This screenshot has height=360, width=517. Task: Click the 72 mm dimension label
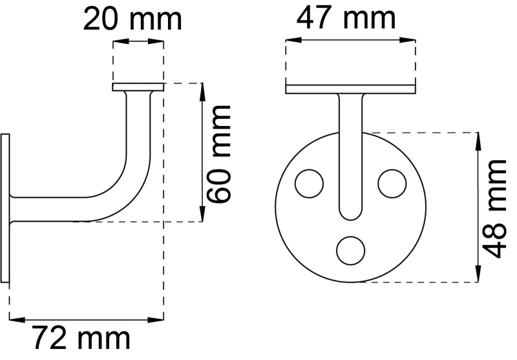[x=82, y=337]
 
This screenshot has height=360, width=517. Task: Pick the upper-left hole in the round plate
[x=309, y=184]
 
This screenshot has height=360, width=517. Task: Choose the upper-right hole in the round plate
[x=392, y=184]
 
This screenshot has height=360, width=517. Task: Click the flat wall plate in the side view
[x=6, y=207]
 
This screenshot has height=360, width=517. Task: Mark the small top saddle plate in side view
[x=137, y=86]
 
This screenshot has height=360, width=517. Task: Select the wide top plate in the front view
[x=350, y=89]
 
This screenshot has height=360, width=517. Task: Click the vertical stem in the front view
[x=350, y=149]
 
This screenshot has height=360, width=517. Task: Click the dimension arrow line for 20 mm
[x=137, y=42]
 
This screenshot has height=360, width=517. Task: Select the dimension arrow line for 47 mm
[x=350, y=41]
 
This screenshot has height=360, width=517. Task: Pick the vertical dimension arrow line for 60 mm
[x=204, y=153]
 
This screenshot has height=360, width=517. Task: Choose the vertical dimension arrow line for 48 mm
[x=478, y=207]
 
